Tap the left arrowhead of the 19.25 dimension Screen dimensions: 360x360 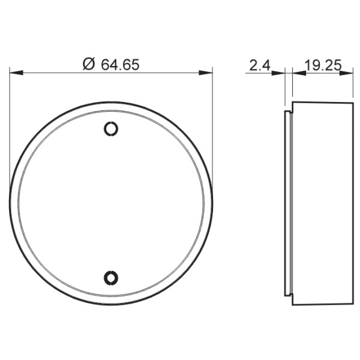click(x=298, y=73)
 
